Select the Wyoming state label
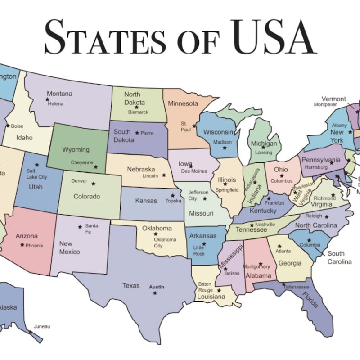click(x=76, y=149)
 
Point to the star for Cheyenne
click(x=95, y=167)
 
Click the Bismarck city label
click(x=138, y=112)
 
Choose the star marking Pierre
click(x=137, y=133)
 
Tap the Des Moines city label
click(x=194, y=171)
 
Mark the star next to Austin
click(x=155, y=293)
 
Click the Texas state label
click(x=131, y=285)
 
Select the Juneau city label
click(x=42, y=326)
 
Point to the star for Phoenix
click(x=22, y=245)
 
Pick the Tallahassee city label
click(x=297, y=287)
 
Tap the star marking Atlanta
click(x=279, y=246)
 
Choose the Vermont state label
click(x=333, y=99)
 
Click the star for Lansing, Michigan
click(x=263, y=147)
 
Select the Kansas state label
click(x=146, y=201)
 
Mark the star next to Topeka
click(x=172, y=196)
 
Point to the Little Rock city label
click(x=199, y=251)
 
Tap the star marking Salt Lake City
click(x=37, y=165)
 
